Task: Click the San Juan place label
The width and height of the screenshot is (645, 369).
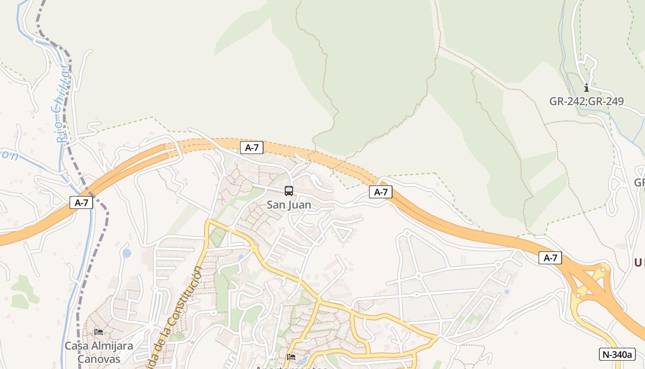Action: click(289, 205)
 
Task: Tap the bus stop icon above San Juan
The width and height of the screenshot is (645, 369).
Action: click(289, 190)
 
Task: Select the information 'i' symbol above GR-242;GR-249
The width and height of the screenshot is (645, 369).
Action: click(586, 88)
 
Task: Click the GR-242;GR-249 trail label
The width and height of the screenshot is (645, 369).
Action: click(586, 101)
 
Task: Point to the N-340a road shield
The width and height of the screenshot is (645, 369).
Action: click(617, 354)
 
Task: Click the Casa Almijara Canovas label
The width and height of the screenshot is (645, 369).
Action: click(99, 352)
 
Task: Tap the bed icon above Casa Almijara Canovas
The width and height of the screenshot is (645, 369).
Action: click(99, 332)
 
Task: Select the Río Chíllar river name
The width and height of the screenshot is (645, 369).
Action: click(61, 104)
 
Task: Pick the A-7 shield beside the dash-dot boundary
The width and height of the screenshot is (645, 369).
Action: click(81, 202)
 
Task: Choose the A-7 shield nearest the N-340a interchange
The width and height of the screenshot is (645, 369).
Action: click(550, 258)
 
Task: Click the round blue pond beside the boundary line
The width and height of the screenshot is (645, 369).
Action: click(127, 253)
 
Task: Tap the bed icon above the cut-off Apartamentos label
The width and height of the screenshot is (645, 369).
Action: click(291, 357)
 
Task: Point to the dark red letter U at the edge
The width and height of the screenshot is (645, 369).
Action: click(639, 263)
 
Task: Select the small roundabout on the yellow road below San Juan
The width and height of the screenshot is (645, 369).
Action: click(253, 249)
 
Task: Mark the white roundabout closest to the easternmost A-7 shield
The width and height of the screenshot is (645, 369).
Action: click(498, 265)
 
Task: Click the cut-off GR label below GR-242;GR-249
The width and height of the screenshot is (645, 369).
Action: click(639, 183)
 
